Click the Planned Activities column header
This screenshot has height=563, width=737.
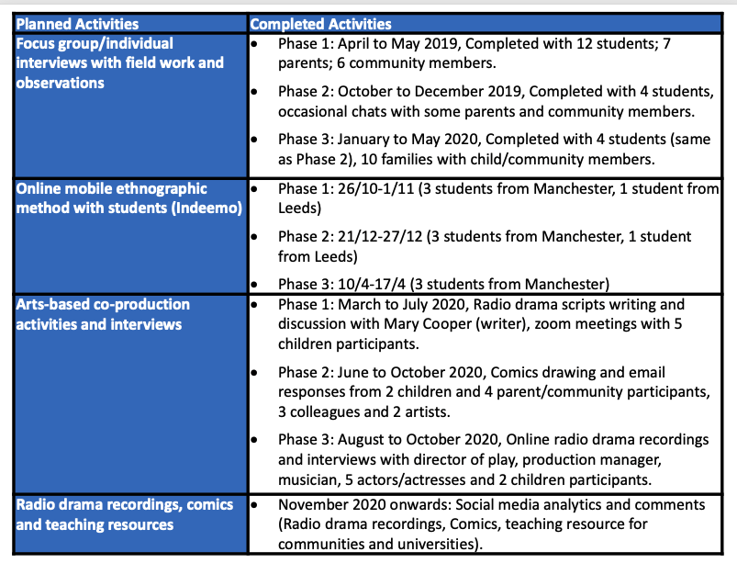[x=78, y=24]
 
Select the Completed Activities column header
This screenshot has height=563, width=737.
[x=320, y=24]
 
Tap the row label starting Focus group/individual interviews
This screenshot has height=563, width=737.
[x=119, y=62]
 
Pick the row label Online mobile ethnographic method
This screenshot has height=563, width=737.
[x=128, y=198]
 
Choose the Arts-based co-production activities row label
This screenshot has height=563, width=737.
[x=103, y=313]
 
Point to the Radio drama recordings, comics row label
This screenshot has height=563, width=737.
[x=125, y=514]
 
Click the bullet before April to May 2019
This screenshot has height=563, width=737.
[x=257, y=44]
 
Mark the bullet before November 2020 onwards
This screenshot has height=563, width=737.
[x=257, y=505]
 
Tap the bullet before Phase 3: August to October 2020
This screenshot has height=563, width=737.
[x=257, y=441]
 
